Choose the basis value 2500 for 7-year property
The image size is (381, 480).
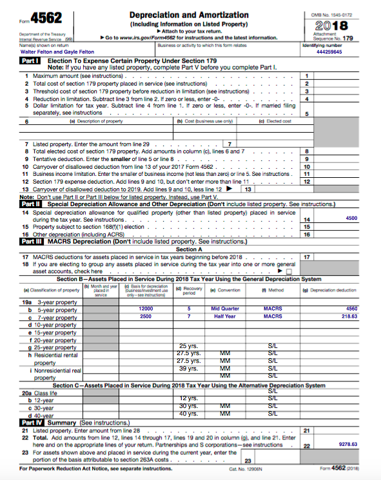(146, 316)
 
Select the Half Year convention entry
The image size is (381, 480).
(225, 316)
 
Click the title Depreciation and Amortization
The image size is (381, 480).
(189, 15)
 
